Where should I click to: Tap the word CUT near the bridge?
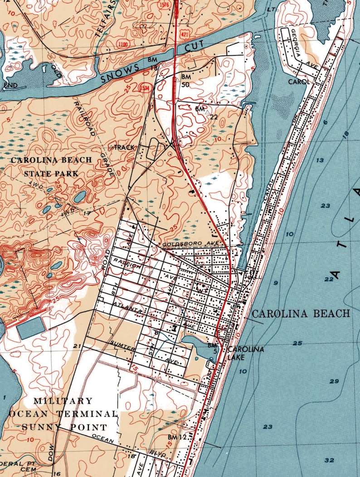point(198,47)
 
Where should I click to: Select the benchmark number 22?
point(214,117)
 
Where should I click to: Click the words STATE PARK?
point(51,173)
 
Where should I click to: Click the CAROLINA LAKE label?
point(239,353)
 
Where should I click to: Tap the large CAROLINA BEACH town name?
point(301,313)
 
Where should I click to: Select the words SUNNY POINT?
point(64,427)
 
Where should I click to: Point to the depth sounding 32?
point(329,460)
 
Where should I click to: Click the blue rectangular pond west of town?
point(31,328)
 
